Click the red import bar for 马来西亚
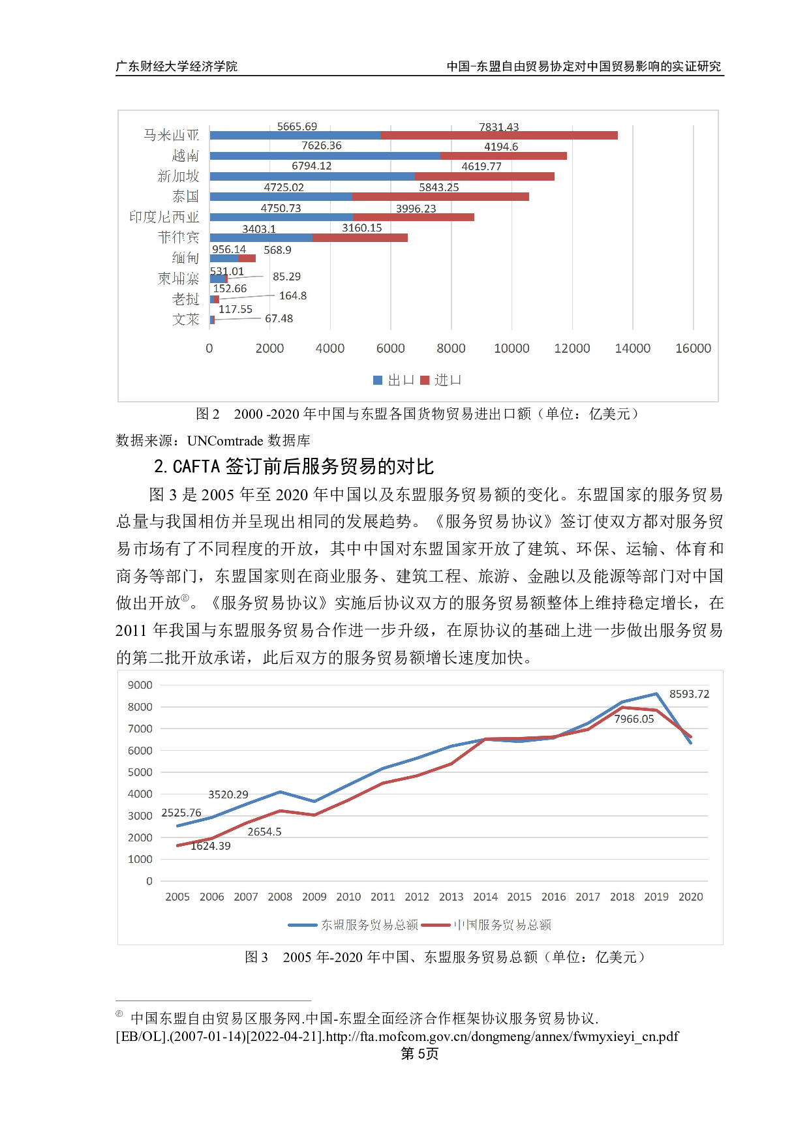(x=499, y=136)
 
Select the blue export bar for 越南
(x=325, y=156)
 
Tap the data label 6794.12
(x=311, y=166)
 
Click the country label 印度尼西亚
(x=164, y=217)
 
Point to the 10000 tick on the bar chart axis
(x=511, y=348)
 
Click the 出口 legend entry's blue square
(x=378, y=380)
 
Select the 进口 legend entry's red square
(x=425, y=380)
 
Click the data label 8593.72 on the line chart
(x=689, y=694)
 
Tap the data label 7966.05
(x=633, y=719)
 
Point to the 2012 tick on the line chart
(x=417, y=897)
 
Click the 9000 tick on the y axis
(x=140, y=685)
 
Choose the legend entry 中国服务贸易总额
(x=502, y=925)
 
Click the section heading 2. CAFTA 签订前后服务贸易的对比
(x=294, y=466)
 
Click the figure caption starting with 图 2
(x=417, y=414)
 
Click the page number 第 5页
(x=419, y=1054)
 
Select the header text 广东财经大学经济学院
(x=176, y=67)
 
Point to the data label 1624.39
(x=210, y=846)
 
